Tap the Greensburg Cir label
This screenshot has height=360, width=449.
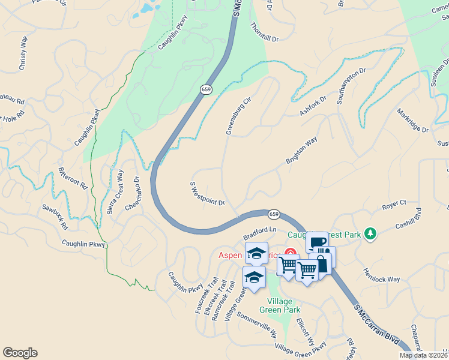pyautogui.click(x=237, y=116)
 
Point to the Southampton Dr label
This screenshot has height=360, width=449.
pyautogui.click(x=351, y=86)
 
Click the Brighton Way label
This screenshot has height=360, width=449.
pyautogui.click(x=301, y=151)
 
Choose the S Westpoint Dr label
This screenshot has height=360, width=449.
pyautogui.click(x=207, y=194)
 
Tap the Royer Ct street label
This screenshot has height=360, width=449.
pyautogui.click(x=394, y=206)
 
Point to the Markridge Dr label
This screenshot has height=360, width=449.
pyautogui.click(x=413, y=121)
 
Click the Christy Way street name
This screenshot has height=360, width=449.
pyautogui.click(x=23, y=53)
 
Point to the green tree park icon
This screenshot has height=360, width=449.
pyautogui.click(x=370, y=233)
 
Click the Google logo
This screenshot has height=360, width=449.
pyautogui.click(x=20, y=353)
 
